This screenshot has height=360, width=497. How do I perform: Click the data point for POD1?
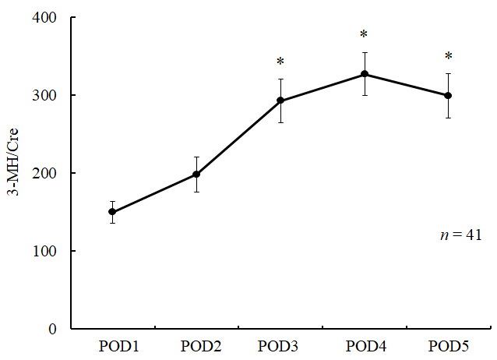point(112,212)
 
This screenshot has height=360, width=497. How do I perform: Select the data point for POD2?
point(196,175)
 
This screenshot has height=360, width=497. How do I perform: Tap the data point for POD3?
point(280,101)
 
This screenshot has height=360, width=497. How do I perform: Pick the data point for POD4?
point(364,74)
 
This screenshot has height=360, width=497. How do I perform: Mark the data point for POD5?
point(448,96)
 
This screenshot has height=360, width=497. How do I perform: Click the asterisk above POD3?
point(280,63)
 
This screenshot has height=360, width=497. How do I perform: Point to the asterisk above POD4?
point(364,36)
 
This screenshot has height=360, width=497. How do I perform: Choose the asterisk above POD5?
point(448,57)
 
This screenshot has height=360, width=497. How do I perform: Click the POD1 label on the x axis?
point(112,346)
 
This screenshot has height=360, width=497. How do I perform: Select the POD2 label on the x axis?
point(196,346)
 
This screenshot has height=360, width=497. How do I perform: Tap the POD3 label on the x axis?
point(280,346)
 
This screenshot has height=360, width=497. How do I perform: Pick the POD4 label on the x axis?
point(364,346)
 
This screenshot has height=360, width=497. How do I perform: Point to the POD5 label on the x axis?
point(448,346)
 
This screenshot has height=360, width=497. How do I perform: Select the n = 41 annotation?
point(460,234)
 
